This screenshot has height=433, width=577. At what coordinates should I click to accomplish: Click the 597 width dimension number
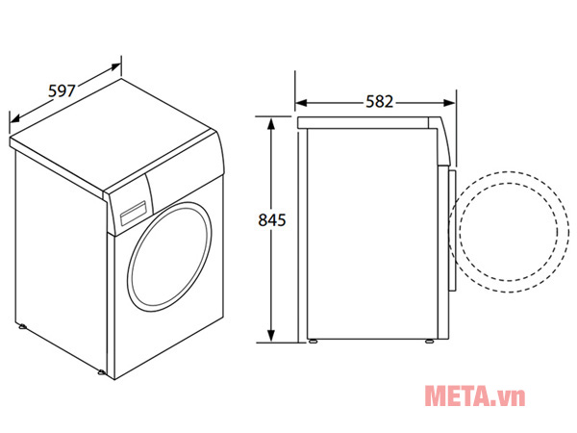62,92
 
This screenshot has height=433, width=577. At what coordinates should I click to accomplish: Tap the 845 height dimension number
273,220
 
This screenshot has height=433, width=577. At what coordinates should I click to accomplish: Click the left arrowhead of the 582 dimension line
300,101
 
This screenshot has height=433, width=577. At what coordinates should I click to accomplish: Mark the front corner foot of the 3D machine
102,371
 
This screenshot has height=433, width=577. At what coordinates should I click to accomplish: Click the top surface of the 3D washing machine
115,135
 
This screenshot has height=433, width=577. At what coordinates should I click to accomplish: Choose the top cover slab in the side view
370,121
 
